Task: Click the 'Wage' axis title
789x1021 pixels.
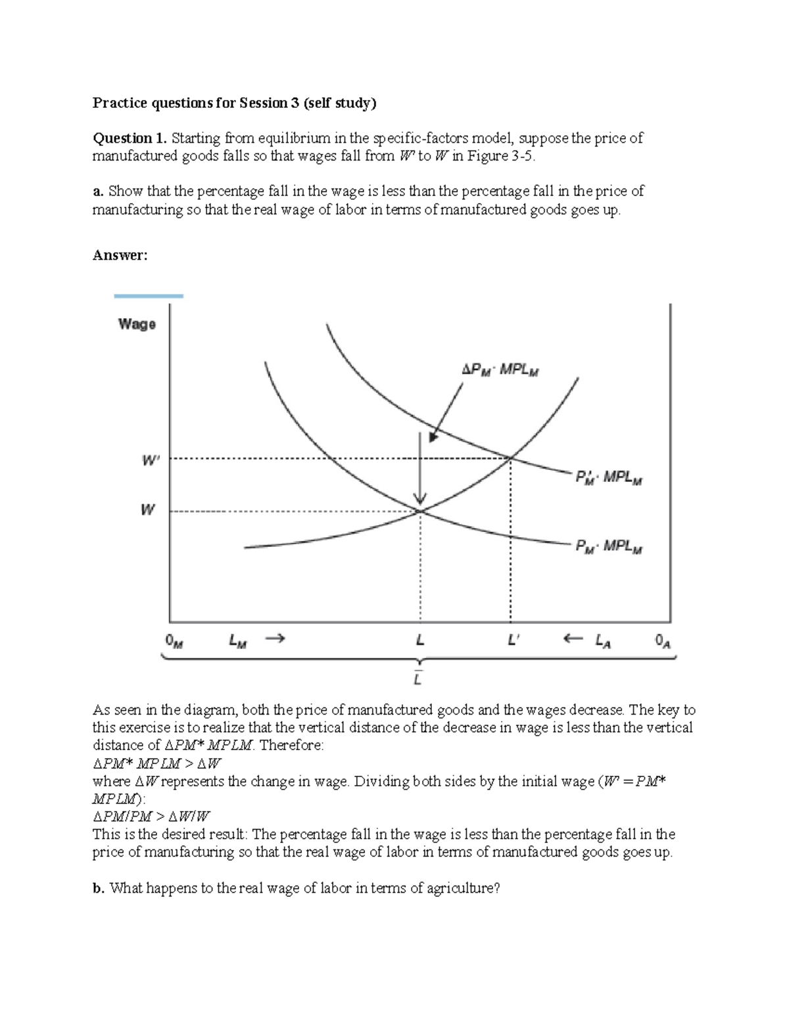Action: tap(137, 323)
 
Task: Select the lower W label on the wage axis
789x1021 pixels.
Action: tap(148, 510)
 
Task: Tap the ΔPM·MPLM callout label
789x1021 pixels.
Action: tap(500, 370)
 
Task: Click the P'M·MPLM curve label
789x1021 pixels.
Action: tap(609, 477)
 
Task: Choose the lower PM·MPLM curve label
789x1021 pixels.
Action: tap(609, 546)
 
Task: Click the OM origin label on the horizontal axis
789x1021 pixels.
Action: tap(174, 640)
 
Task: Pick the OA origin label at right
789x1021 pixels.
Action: tap(663, 640)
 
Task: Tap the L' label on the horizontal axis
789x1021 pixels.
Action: tap(514, 639)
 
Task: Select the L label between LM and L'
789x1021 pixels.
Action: tap(420, 639)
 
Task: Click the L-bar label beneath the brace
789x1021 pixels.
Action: tap(418, 678)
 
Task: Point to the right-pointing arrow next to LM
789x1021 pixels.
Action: tap(276, 638)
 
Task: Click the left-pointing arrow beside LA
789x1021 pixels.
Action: tap(573, 638)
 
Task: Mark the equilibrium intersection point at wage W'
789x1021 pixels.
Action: tap(510, 458)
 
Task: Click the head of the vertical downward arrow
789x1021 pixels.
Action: tap(419, 499)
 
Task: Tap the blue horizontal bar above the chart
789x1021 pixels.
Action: tap(149, 297)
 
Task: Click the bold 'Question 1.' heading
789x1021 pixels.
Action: tap(130, 138)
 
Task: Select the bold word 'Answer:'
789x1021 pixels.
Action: tap(120, 255)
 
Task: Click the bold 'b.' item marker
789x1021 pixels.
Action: tap(99, 888)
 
